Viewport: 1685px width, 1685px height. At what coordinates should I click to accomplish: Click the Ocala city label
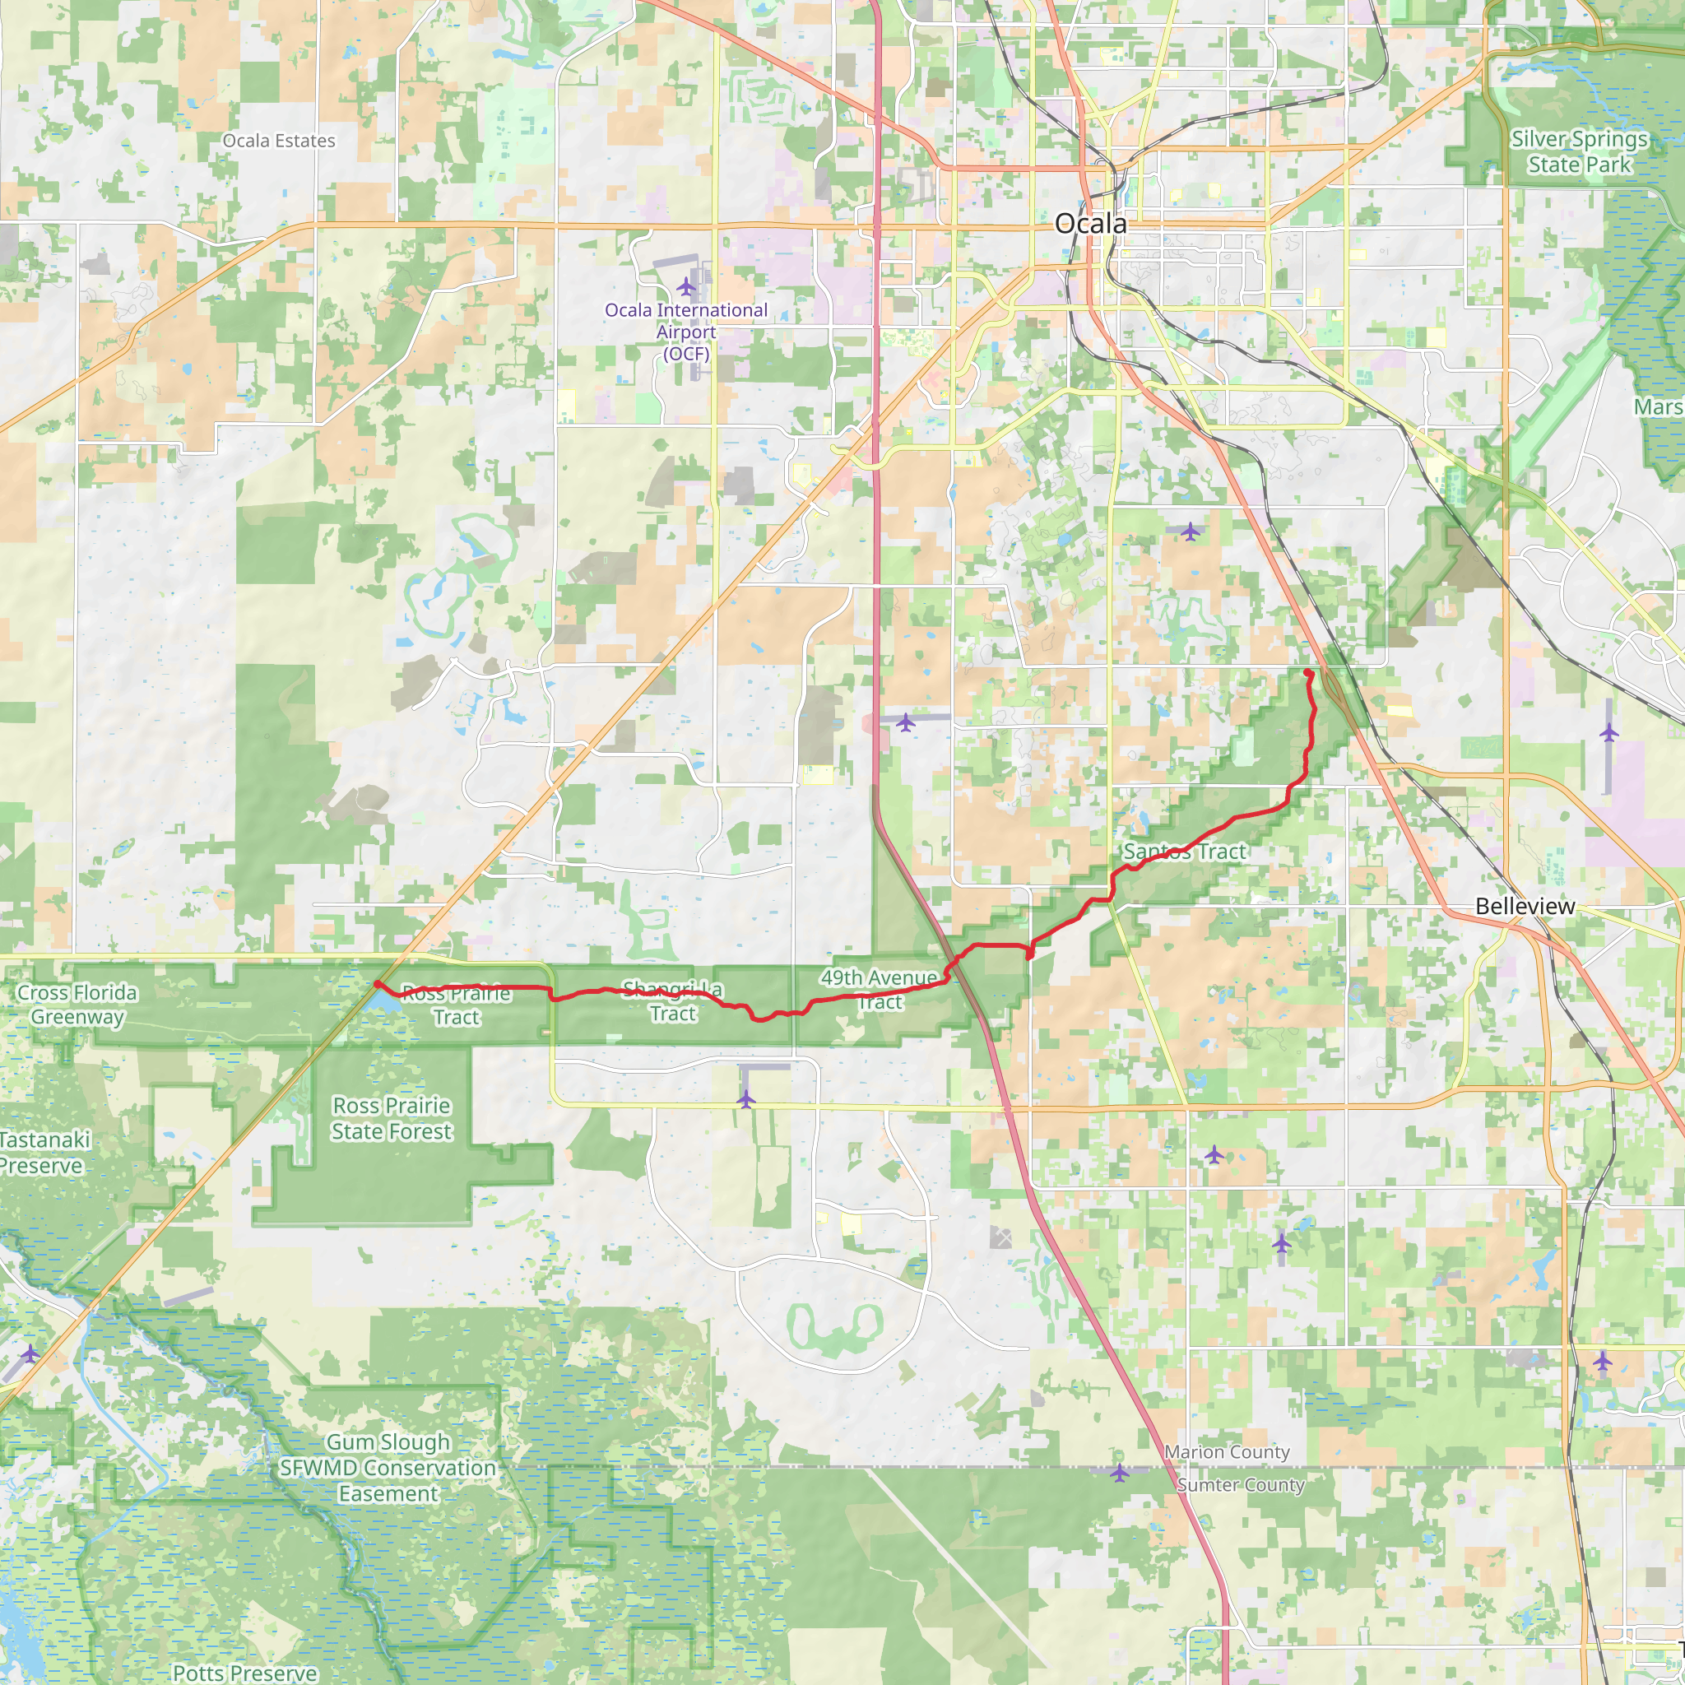pyautogui.click(x=1090, y=224)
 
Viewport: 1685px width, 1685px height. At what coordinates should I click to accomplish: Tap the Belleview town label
pyautogui.click(x=1525, y=906)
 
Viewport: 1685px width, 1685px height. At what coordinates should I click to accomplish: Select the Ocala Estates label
pyautogui.click(x=279, y=141)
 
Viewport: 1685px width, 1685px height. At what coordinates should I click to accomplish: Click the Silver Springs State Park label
pyautogui.click(x=1579, y=151)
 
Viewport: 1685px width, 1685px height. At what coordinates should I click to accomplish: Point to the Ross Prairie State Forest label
pyautogui.click(x=392, y=1118)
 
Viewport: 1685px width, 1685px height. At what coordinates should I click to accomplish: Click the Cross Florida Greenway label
pyautogui.click(x=77, y=1005)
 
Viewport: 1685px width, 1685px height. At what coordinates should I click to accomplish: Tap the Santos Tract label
pyautogui.click(x=1185, y=852)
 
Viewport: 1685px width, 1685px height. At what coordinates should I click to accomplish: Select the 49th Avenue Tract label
pyautogui.click(x=880, y=990)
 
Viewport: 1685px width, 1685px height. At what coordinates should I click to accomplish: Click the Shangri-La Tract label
pyautogui.click(x=672, y=1001)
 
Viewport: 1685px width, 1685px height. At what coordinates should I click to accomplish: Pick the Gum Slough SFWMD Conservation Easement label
pyautogui.click(x=388, y=1468)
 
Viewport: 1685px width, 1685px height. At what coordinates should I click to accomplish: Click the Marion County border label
pyautogui.click(x=1227, y=1452)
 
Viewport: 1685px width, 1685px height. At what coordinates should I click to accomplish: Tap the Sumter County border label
pyautogui.click(x=1240, y=1484)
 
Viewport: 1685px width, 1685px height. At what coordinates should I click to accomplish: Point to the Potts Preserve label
pyautogui.click(x=245, y=1673)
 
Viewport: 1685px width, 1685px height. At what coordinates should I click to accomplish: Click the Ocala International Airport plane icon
pyautogui.click(x=686, y=286)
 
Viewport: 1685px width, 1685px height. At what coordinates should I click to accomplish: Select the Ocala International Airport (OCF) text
pyautogui.click(x=686, y=332)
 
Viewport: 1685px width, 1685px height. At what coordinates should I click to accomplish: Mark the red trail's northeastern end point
pyautogui.click(x=1308, y=672)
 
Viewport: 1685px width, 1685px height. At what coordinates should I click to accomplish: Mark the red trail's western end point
pyautogui.click(x=377, y=984)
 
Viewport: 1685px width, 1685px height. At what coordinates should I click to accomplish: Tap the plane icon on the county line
pyautogui.click(x=1119, y=1472)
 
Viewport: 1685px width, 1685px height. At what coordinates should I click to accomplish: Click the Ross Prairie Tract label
pyautogui.click(x=456, y=1005)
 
